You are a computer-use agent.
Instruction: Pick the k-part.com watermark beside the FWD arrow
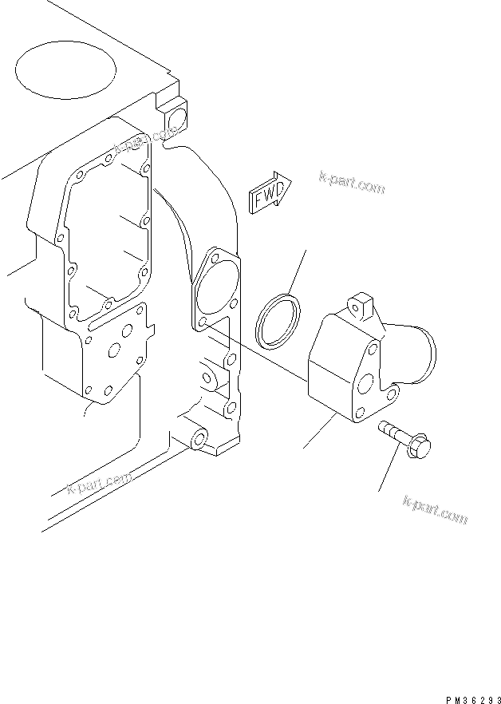click(351, 183)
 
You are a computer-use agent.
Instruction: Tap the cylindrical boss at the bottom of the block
click(197, 440)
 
